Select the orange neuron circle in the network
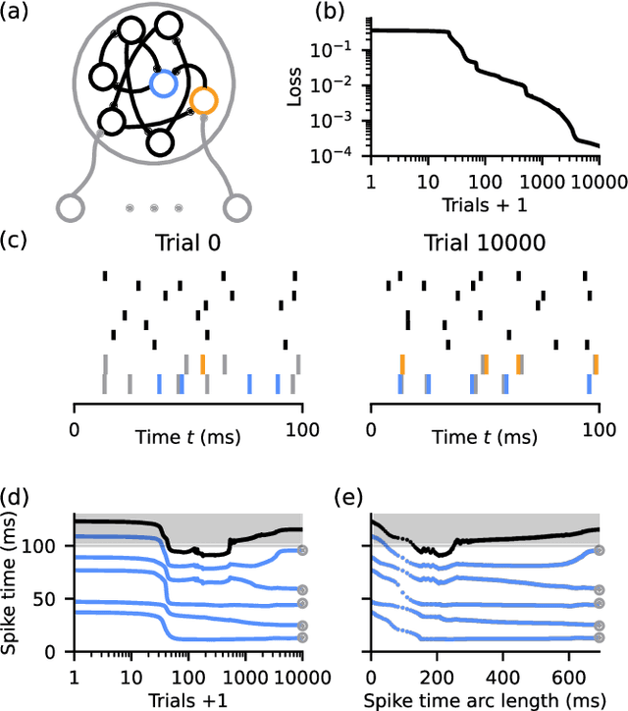click(x=203, y=100)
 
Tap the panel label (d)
click(x=18, y=497)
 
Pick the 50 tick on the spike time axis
click(x=55, y=598)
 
